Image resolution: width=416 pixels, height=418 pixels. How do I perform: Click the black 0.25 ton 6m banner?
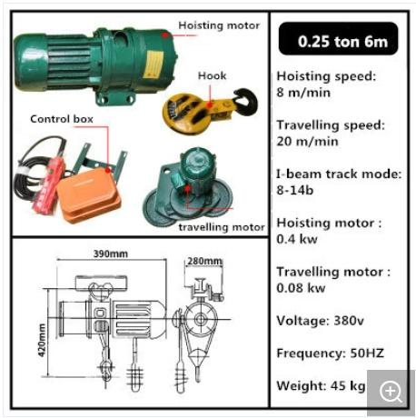click(336, 40)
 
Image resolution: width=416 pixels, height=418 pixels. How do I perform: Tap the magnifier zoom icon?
click(391, 391)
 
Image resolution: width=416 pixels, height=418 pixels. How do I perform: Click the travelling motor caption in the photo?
click(222, 226)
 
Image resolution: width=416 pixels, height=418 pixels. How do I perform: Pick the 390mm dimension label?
click(110, 254)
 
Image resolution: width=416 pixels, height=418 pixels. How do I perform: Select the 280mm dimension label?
click(204, 262)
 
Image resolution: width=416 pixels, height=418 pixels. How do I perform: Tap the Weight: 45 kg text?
click(321, 386)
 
